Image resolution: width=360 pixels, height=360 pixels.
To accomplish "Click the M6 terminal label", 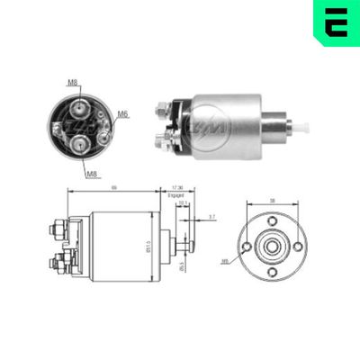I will [123, 113].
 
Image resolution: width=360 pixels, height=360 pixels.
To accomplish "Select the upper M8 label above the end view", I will [73, 82].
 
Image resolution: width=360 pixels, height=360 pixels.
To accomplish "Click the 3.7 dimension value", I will [211, 217].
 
